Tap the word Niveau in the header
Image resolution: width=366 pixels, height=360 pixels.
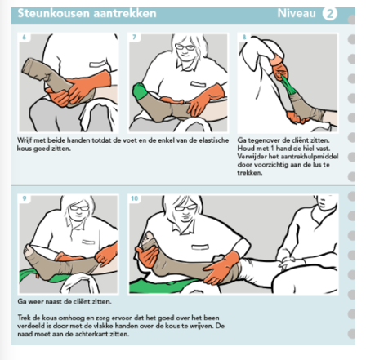click(297, 13)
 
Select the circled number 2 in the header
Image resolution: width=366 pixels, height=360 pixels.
click(329, 13)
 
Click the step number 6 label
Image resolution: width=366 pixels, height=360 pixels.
click(24, 37)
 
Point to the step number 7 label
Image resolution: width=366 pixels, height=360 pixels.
click(134, 37)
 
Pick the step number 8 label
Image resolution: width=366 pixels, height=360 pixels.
click(244, 37)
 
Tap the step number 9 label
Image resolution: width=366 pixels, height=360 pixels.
click(25, 198)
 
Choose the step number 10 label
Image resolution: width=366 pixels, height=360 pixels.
click(135, 198)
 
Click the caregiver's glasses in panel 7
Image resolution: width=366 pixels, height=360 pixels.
click(185, 47)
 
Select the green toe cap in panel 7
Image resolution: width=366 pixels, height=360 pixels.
click(140, 91)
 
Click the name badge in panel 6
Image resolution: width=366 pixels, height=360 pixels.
click(97, 64)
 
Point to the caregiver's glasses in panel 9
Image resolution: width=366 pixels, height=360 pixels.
click(79, 208)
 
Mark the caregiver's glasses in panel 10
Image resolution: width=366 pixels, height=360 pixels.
click(185, 208)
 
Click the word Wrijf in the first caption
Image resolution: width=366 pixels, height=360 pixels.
click(25, 140)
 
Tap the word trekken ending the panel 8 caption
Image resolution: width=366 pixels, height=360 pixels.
click(250, 173)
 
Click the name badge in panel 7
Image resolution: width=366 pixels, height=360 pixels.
click(198, 84)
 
